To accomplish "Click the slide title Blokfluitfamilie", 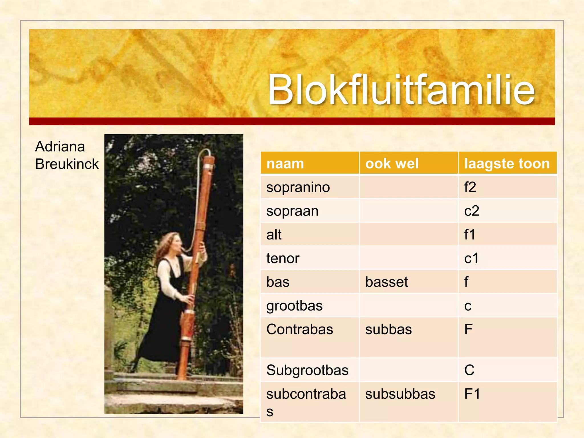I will point(401,90).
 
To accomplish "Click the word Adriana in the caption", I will point(60,147).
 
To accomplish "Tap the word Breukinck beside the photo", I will point(67,164).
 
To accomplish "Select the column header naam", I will point(285,164).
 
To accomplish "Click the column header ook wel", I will point(392,164).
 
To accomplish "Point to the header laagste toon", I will point(507,164).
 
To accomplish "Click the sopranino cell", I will point(298,187).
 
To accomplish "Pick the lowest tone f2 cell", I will point(470,187).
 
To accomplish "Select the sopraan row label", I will point(292,211).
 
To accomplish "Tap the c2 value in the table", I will point(471,211).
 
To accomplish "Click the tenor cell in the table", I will point(283,258).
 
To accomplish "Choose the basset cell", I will point(386,282).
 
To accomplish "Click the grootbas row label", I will point(294,306).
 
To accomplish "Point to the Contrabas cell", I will point(299,329).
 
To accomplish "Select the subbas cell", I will point(388,329).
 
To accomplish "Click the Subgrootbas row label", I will point(307,370).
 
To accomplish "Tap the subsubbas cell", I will point(400,394).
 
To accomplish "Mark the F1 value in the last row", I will point(472,394).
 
